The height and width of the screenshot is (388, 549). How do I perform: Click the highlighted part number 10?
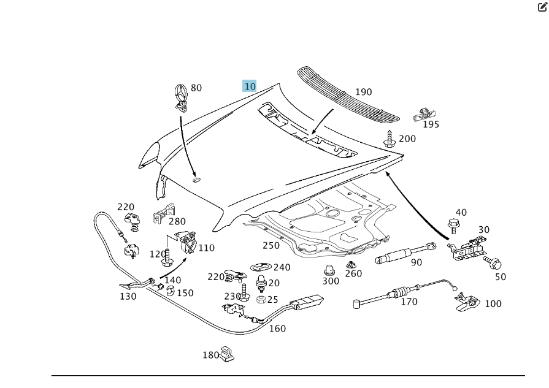[x=250, y=86]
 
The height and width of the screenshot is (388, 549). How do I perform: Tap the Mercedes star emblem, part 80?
[x=182, y=95]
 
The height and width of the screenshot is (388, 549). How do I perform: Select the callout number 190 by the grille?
[x=363, y=92]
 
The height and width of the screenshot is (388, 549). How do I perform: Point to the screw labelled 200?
[x=389, y=139]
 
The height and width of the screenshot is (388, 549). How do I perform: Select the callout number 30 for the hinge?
[x=484, y=230]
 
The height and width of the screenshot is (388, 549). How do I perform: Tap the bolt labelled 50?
[x=494, y=264]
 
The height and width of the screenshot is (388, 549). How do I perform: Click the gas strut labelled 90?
[x=404, y=251]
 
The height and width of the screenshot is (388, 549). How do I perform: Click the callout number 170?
[x=409, y=302]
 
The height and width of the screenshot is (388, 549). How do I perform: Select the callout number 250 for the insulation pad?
[x=271, y=246]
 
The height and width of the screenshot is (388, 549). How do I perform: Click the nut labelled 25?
[x=260, y=300]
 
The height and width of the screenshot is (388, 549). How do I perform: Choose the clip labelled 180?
[x=228, y=353]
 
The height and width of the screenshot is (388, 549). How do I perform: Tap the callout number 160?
[x=277, y=329]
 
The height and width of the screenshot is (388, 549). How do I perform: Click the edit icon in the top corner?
[x=542, y=7]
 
